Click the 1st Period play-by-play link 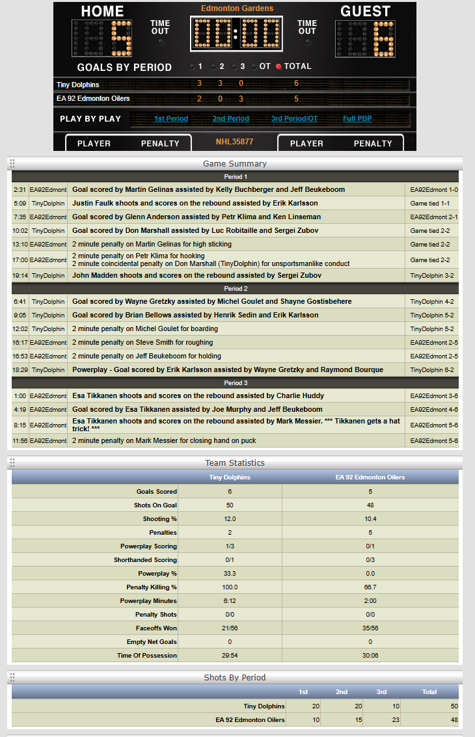coord(170,118)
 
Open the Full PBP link coord(358,118)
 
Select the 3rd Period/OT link coord(294,118)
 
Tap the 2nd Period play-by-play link coord(230,118)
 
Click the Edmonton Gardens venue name coord(237,8)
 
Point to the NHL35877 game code coord(234,141)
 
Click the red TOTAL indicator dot coord(279,66)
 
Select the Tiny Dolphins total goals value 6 coord(296,83)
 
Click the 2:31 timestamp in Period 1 coord(20,190)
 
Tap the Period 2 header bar coord(236,288)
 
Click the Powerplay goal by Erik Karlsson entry coord(227,369)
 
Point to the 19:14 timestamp coord(20,276)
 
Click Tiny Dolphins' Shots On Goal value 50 coord(229,505)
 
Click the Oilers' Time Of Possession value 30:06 coord(370,655)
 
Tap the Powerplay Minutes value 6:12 coord(229,600)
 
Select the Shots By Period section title coord(234,677)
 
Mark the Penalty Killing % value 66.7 coord(370,587)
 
